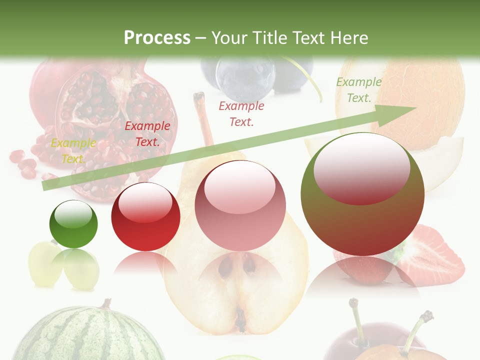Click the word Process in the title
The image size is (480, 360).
(x=157, y=37)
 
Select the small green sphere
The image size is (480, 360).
(x=73, y=224)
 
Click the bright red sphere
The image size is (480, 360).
(x=145, y=216)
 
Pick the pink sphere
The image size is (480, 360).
(x=240, y=205)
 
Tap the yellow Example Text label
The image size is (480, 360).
(x=73, y=151)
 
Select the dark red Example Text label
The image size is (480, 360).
(x=147, y=134)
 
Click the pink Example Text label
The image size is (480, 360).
(x=241, y=113)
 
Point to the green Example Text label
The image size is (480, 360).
(x=359, y=90)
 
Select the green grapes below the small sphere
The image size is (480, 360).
(x=62, y=267)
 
